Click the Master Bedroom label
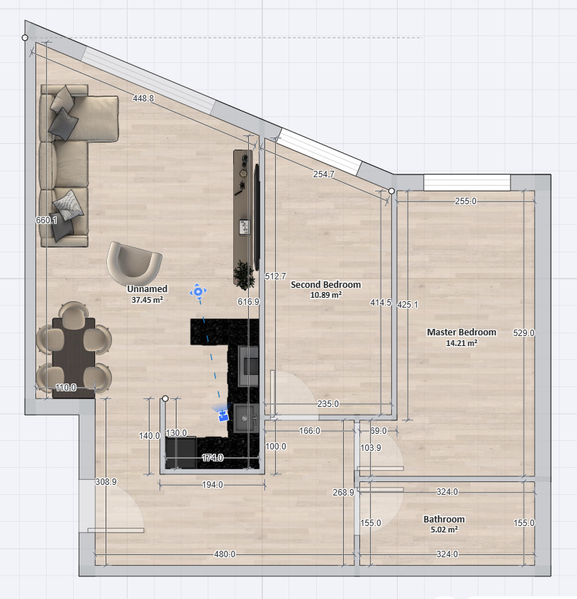point(461,332)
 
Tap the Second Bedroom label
point(325,284)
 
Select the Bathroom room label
point(444,519)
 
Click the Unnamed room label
point(147,289)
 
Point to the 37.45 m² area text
point(147,300)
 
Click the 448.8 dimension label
point(143,98)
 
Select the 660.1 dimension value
point(46,220)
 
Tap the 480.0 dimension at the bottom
point(225,554)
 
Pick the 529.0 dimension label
point(524,332)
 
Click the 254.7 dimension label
point(324,174)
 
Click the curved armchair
point(134,263)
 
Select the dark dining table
point(74,358)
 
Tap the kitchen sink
point(246,419)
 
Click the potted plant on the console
point(244,274)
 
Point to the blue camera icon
point(223,415)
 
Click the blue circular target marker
point(198,292)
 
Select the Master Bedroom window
point(467,183)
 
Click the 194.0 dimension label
point(212,484)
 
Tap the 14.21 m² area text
point(461,343)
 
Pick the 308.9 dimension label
point(106,482)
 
